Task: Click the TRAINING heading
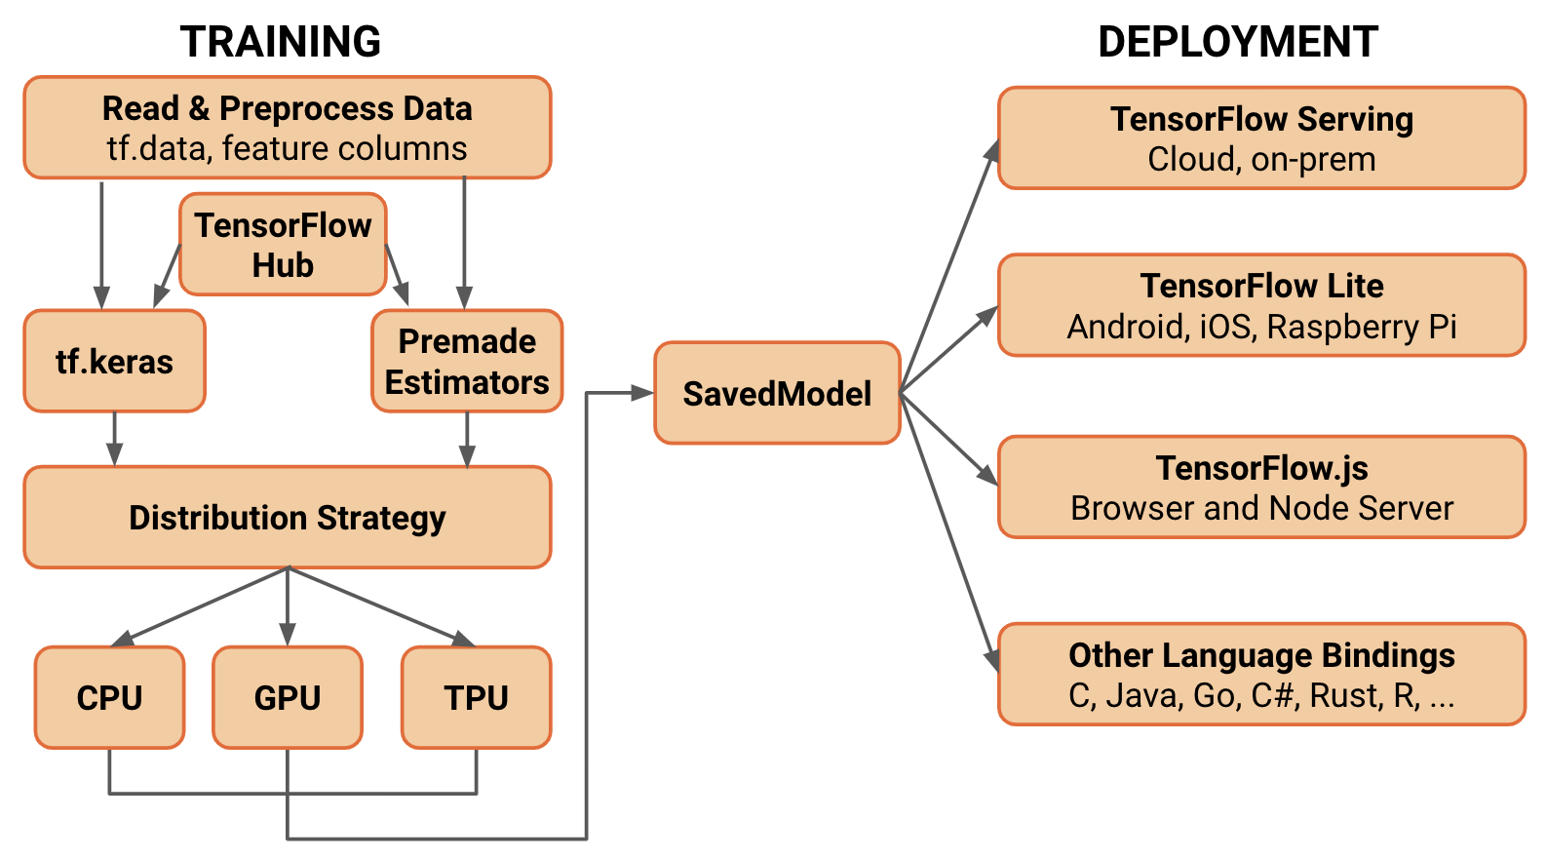pyautogui.click(x=281, y=42)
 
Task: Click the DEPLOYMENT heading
pyautogui.click(x=1237, y=42)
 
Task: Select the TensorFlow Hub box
pyautogui.click(x=283, y=245)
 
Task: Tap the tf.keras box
pyautogui.click(x=114, y=362)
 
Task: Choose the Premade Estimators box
pyautogui.click(x=467, y=362)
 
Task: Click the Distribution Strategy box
pyautogui.click(x=288, y=518)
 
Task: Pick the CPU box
pyautogui.click(x=109, y=698)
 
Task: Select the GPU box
pyautogui.click(x=288, y=698)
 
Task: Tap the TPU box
pyautogui.click(x=476, y=698)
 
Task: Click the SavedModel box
pyautogui.click(x=777, y=394)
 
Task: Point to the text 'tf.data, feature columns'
pyautogui.click(x=288, y=148)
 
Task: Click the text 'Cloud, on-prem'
pyautogui.click(x=1261, y=159)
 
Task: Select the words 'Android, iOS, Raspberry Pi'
pyautogui.click(x=1261, y=327)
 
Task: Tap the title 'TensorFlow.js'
pyautogui.click(x=1261, y=468)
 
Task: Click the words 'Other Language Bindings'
pyautogui.click(x=1261, y=655)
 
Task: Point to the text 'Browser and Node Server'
pyautogui.click(x=1261, y=508)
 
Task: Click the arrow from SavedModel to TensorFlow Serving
pyautogui.click(x=947, y=268)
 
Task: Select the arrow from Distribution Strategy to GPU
pyautogui.click(x=288, y=604)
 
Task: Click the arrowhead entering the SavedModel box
pyautogui.click(x=642, y=394)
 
